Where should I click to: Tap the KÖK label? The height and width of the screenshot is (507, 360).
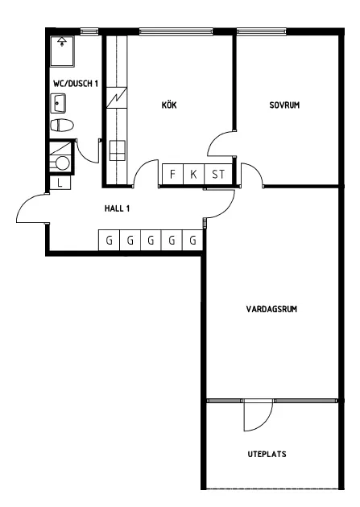pos(168,105)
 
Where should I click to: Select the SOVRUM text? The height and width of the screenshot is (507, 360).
pos(284,105)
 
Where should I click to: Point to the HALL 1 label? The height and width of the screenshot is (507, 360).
pos(118,208)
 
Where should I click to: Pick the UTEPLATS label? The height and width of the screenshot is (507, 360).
pos(267,454)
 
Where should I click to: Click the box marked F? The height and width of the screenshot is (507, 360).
pos(172,175)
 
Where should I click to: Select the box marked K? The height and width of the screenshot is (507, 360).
pos(194,175)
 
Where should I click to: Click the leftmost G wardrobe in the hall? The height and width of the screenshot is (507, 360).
pos(109,240)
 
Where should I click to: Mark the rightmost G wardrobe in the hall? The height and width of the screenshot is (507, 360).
pos(192,240)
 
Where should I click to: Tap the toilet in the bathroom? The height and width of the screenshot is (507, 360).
pos(61,126)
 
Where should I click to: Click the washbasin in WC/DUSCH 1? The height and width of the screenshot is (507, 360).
pos(59,103)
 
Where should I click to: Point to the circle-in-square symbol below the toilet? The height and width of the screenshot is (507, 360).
pos(61,163)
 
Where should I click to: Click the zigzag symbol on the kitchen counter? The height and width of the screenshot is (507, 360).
pos(118,98)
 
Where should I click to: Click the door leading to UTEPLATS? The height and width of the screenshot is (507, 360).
pos(258,414)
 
